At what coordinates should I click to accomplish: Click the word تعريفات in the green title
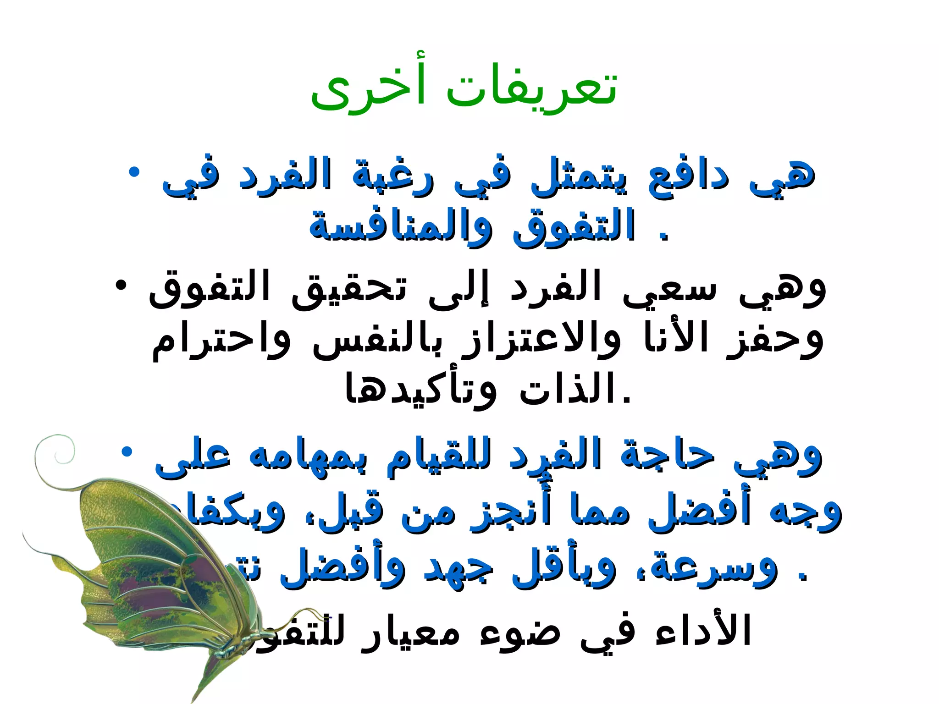[532, 89]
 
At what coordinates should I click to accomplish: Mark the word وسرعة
[715, 568]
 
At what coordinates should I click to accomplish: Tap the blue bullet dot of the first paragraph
[134, 173]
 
